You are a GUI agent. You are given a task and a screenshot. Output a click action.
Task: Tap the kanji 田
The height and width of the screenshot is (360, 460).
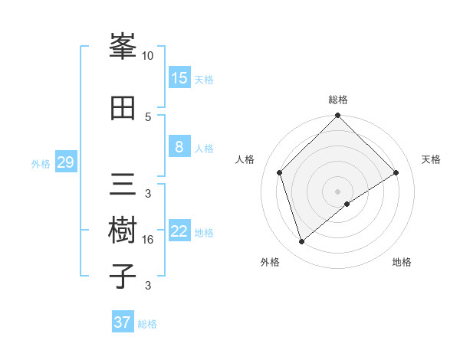pyautogui.click(x=123, y=108)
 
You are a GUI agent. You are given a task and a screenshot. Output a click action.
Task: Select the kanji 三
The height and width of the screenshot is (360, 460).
pyautogui.click(x=123, y=185)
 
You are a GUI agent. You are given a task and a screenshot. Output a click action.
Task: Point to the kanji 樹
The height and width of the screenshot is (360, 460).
pyautogui.click(x=123, y=231)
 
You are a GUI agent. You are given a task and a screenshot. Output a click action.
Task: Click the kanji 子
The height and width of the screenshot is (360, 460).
pyautogui.click(x=123, y=277)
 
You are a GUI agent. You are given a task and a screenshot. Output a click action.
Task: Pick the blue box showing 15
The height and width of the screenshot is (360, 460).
pyautogui.click(x=179, y=78)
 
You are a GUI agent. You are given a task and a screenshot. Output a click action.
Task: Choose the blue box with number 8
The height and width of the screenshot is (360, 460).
pyautogui.click(x=179, y=148)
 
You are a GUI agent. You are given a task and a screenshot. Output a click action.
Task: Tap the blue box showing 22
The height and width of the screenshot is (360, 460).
pyautogui.click(x=179, y=232)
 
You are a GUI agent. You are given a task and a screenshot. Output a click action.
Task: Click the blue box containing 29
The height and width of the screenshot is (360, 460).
pyautogui.click(x=65, y=163)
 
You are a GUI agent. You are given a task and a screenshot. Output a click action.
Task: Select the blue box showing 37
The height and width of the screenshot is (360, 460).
pyautogui.click(x=123, y=322)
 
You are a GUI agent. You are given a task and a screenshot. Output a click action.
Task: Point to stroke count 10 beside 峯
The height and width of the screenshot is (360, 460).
pyautogui.click(x=148, y=56)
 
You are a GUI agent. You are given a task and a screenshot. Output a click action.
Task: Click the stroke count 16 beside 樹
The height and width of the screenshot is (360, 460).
pyautogui.click(x=148, y=240)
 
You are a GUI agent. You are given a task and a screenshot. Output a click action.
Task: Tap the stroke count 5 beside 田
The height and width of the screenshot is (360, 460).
pyautogui.click(x=148, y=116)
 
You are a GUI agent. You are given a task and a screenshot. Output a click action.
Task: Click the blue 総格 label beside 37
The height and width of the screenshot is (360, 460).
pyautogui.click(x=147, y=324)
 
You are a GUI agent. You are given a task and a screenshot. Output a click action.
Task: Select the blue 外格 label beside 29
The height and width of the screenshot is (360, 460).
pyautogui.click(x=41, y=164)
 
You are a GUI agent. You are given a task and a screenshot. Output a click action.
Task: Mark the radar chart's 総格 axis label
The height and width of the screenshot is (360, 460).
pyautogui.click(x=338, y=100)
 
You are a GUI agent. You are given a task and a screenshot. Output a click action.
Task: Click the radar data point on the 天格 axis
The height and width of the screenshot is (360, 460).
pyautogui.click(x=396, y=172)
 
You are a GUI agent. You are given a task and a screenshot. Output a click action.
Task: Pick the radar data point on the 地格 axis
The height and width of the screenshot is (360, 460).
pyautogui.click(x=347, y=204)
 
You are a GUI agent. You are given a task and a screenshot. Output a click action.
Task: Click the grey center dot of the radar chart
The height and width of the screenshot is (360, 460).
pyautogui.click(x=338, y=191)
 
